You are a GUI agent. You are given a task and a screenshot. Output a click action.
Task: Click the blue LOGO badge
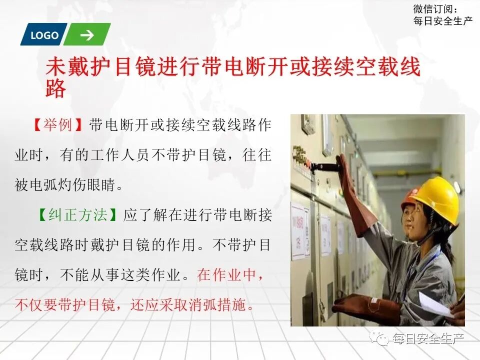[44, 35]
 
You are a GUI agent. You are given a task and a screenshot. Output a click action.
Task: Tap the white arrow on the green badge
[87, 35]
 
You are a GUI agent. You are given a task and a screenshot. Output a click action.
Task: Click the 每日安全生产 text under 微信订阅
[443, 21]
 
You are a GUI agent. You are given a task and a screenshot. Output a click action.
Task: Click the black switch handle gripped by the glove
[325, 166]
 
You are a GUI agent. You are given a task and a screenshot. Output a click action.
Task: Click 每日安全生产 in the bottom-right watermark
[429, 339]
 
